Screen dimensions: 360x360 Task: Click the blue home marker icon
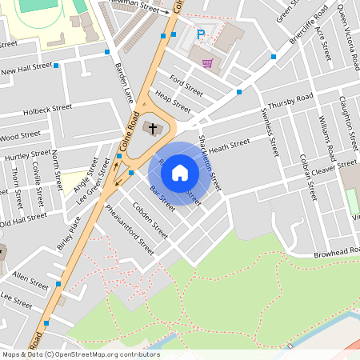(x=180, y=172)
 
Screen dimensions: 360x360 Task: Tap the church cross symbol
(x=151, y=127)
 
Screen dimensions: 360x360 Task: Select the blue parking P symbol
(x=201, y=34)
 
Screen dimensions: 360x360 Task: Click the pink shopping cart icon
(x=208, y=63)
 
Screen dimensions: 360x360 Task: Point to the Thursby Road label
(x=290, y=103)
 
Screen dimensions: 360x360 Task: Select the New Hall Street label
(x=26, y=71)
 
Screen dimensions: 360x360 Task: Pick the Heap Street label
(x=173, y=102)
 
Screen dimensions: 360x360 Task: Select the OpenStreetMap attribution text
(x=80, y=354)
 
